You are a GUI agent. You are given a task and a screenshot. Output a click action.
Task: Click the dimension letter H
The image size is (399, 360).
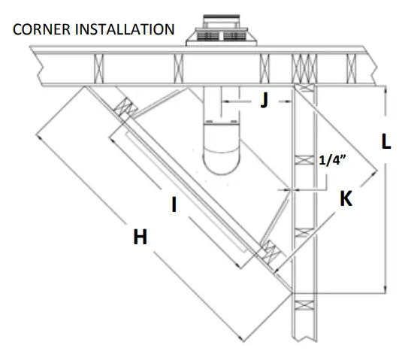pyautogui.click(x=140, y=237)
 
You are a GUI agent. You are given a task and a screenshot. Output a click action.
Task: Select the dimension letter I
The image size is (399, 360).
pyautogui.click(x=174, y=204)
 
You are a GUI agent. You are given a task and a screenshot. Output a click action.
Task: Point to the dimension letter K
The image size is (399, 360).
pyautogui.click(x=346, y=199)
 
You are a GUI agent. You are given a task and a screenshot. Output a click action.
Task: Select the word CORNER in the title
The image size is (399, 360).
pyautogui.click(x=40, y=31)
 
